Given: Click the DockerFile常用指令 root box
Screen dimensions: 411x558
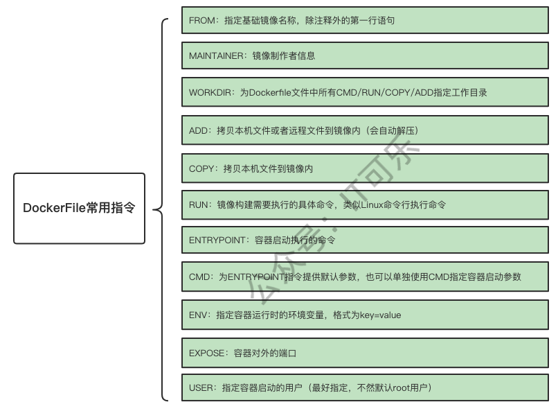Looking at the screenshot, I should click(79, 208).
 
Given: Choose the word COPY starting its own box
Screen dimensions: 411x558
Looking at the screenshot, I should click(201, 168).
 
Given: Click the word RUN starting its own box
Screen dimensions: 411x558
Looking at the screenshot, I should click(198, 205).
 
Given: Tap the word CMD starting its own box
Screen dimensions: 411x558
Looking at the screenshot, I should click(199, 277).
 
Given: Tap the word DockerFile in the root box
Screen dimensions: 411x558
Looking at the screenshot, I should click(54, 208).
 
